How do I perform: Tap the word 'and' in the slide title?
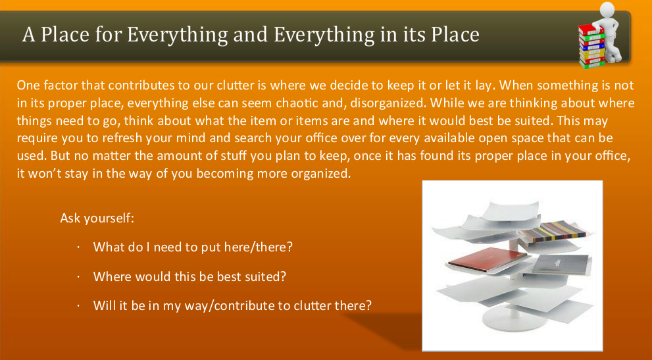click(252, 34)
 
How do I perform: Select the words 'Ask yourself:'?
click(97, 217)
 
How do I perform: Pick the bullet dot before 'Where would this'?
click(78, 277)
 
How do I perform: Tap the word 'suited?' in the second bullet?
click(266, 276)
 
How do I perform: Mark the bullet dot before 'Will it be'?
click(78, 307)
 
